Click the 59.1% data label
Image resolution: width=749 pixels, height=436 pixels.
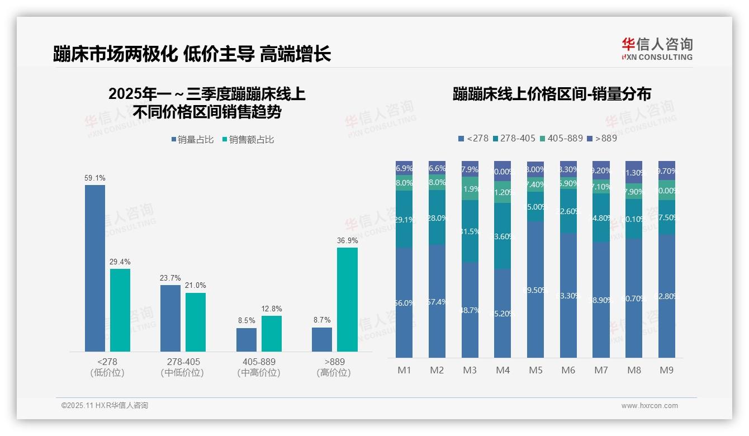tap(95, 178)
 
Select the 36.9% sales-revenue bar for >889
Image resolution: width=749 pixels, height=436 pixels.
tap(347, 299)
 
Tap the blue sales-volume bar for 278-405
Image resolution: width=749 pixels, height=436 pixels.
tap(170, 317)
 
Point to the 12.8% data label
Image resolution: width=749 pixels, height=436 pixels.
tap(272, 309)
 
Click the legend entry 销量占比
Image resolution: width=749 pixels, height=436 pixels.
tap(192, 140)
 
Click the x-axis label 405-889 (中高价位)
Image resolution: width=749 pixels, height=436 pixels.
tap(259, 367)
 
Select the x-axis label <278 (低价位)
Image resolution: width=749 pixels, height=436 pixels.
tap(107, 367)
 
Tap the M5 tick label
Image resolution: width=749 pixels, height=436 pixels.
tap(535, 370)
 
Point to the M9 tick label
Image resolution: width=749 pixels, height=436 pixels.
tap(666, 370)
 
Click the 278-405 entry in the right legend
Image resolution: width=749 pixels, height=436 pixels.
tap(514, 138)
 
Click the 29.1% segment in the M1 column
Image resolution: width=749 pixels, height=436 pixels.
tap(404, 220)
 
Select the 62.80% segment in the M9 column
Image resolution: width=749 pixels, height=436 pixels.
tap(667, 296)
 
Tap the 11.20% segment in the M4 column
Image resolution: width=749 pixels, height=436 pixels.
tap(503, 192)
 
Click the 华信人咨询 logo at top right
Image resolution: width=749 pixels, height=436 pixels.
tap(657, 48)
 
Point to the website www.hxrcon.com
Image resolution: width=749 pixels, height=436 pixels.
tap(650, 406)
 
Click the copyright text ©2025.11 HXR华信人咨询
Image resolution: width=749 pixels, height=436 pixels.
tap(105, 406)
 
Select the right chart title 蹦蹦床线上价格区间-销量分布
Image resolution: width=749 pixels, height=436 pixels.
tap(552, 94)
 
